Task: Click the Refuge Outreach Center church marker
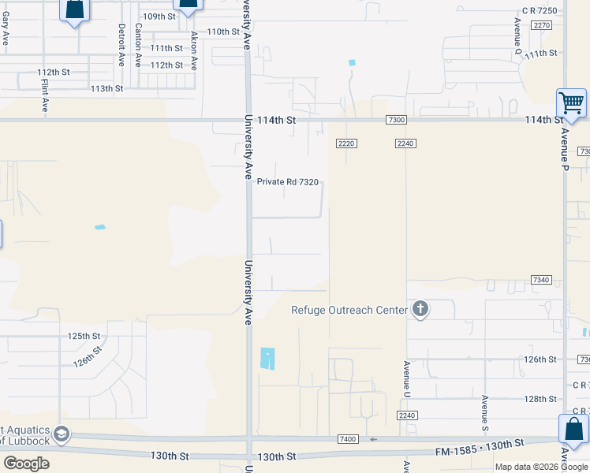(420, 310)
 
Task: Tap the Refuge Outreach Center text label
(349, 310)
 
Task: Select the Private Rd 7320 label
(288, 182)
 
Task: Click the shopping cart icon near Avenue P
(571, 102)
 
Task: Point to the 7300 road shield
(396, 120)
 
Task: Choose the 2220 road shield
(346, 143)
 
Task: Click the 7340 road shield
(540, 280)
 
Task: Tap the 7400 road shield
(347, 438)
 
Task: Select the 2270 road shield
(541, 25)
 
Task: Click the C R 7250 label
(540, 10)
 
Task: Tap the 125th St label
(84, 336)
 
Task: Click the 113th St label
(106, 89)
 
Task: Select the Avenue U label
(407, 378)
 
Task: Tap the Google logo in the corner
(26, 464)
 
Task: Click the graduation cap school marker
(61, 434)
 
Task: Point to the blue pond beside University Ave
(268, 359)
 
